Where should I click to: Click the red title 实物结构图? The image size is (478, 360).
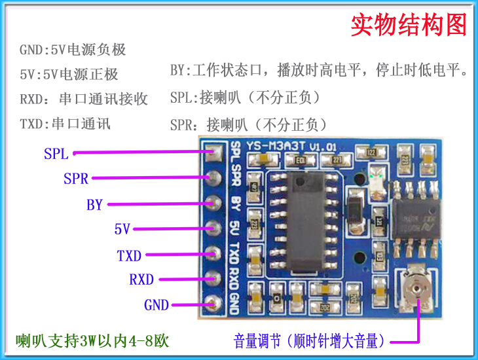tap(408, 26)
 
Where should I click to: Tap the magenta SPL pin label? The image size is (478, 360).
tap(56, 154)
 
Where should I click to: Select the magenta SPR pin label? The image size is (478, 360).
tap(76, 178)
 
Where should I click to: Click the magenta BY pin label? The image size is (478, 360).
tap(95, 204)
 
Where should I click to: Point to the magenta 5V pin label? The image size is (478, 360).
tap(122, 229)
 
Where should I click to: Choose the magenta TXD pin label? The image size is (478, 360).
tap(129, 255)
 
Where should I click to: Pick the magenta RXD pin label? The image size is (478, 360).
tap(141, 279)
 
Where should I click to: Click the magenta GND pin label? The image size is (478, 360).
tap(156, 304)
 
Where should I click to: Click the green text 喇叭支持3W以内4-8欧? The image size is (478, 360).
tap(92, 340)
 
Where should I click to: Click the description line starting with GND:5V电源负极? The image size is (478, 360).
tap(73, 50)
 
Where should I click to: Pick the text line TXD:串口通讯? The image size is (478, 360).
tap(65, 124)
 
